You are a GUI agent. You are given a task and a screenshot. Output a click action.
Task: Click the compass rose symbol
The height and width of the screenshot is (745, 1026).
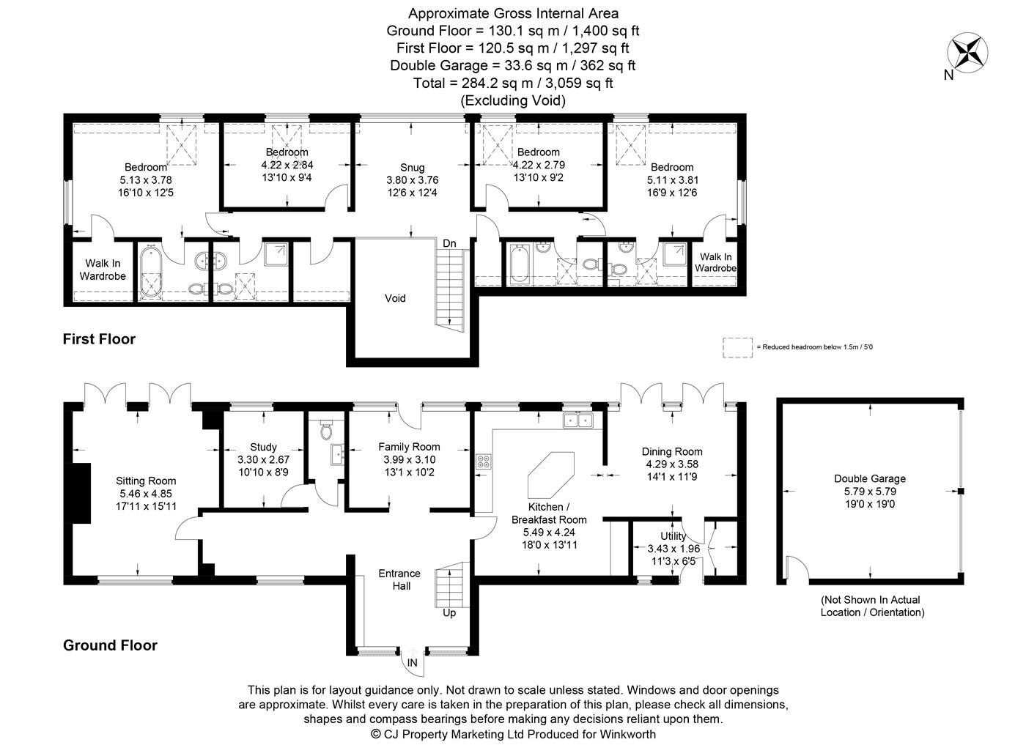pos(967,52)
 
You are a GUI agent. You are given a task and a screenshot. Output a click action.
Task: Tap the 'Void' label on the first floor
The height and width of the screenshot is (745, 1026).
pos(395,298)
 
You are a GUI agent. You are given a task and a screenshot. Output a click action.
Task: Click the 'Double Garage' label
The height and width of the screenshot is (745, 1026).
pos(869,479)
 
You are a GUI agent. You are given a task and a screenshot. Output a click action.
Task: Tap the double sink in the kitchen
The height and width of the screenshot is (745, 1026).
pos(577,420)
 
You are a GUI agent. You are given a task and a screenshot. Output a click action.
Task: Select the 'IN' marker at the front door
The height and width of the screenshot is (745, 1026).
pos(413,662)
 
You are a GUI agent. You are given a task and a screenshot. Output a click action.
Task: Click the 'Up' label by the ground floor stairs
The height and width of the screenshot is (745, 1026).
pos(449,612)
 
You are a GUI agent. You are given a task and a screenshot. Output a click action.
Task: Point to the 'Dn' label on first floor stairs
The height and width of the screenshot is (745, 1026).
pos(449,243)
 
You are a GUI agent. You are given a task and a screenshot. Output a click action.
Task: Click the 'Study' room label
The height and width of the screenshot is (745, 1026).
pos(263,447)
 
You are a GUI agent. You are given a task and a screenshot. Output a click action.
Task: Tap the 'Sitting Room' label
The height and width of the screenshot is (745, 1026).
pos(146,481)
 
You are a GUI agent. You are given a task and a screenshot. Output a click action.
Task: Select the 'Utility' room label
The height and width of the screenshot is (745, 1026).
pos(673,536)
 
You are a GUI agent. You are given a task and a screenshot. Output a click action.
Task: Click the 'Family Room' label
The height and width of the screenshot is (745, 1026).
pos(409,447)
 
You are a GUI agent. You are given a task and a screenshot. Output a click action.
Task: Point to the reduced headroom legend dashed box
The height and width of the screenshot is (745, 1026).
pos(737,347)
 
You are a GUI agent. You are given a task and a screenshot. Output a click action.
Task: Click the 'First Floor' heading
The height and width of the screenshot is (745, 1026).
pos(99,339)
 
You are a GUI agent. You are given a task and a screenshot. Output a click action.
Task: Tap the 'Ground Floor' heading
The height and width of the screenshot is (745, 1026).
pos(110,645)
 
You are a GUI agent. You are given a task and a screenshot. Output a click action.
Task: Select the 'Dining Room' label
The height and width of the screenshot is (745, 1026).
pos(672,452)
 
